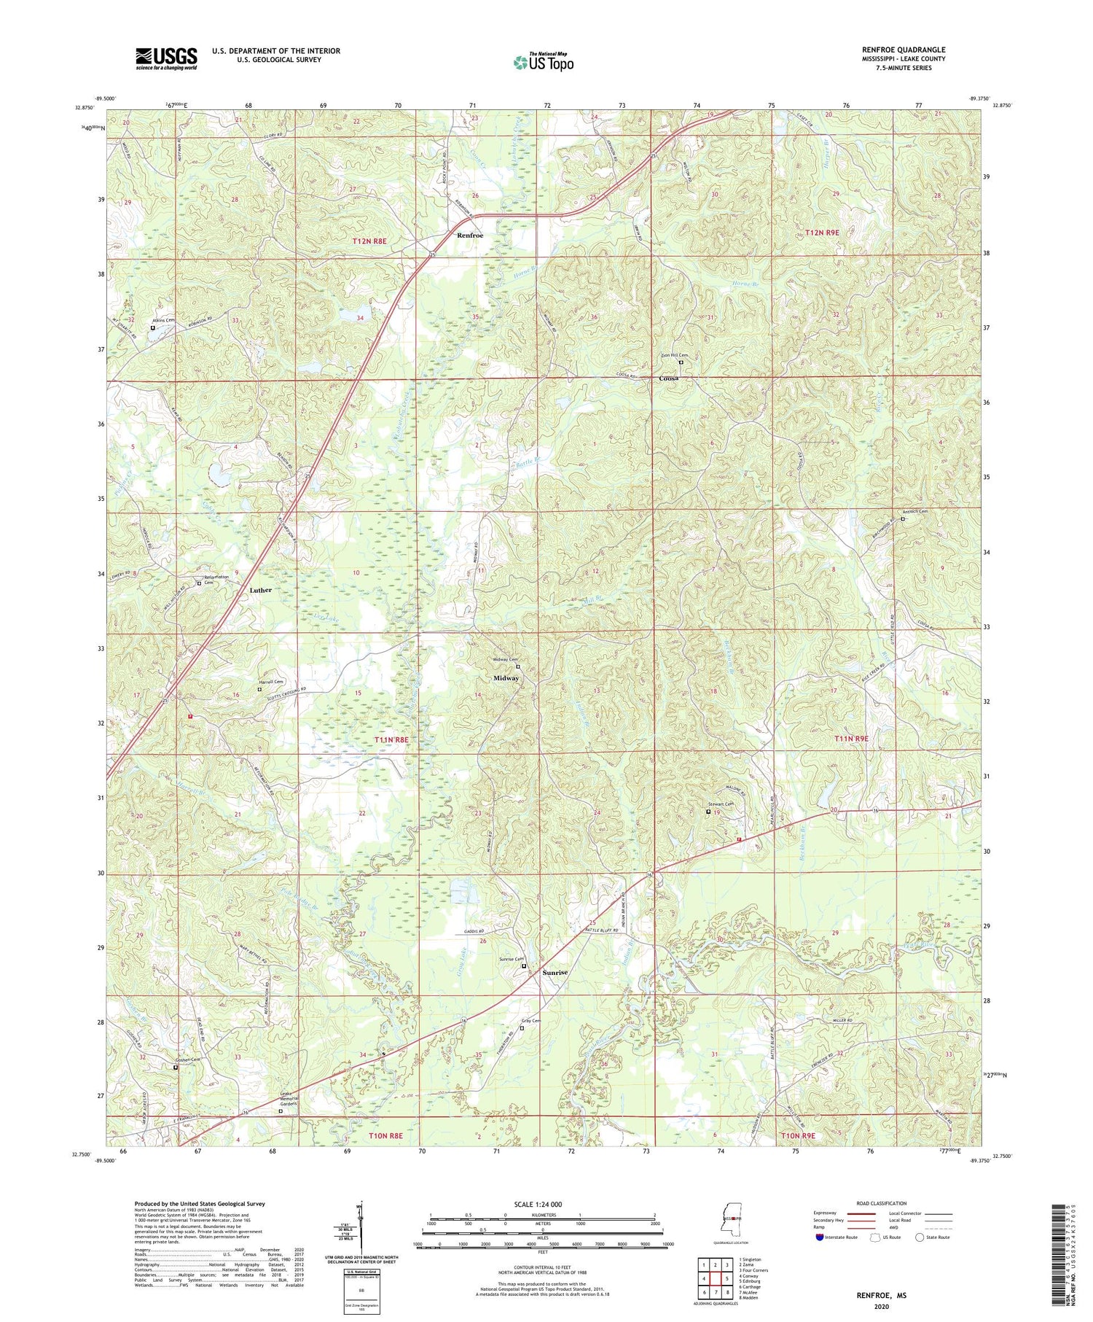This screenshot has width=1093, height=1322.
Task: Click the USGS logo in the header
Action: point(166,58)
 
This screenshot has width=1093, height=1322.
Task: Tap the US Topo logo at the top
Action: point(543,62)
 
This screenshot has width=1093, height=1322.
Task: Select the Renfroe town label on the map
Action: point(470,236)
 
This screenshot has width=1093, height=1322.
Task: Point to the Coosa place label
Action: point(669,379)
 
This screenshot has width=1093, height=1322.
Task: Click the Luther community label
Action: point(260,590)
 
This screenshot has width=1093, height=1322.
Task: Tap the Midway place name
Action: point(506,678)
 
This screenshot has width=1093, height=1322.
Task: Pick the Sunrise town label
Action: point(555,973)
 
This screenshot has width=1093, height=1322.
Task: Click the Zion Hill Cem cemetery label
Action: point(674,356)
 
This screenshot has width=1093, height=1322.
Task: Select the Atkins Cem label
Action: point(163,321)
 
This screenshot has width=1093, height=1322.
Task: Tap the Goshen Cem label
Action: point(186,1059)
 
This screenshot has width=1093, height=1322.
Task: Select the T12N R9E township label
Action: point(822,233)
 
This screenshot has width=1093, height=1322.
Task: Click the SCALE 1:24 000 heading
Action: point(538,1204)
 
